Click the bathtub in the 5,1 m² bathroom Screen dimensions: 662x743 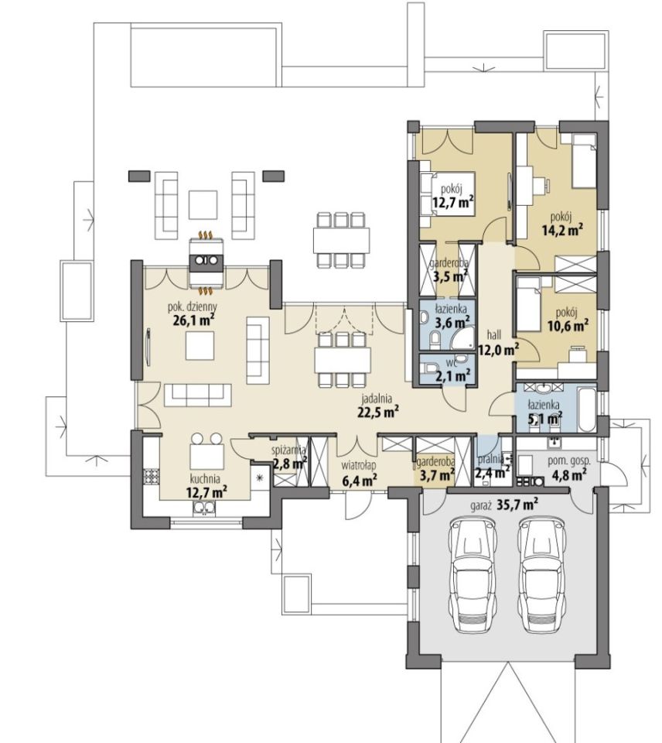pyautogui.click(x=587, y=410)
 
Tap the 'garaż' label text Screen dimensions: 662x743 pyautogui.click(x=481, y=505)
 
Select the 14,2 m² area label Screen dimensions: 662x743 pyautogui.click(x=562, y=231)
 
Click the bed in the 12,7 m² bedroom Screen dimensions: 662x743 pyautogui.click(x=448, y=193)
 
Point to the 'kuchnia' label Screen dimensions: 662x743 pyautogui.click(x=205, y=479)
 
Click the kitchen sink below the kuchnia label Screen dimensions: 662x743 pyautogui.click(x=204, y=508)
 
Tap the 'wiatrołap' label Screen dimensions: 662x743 pyautogui.click(x=359, y=466)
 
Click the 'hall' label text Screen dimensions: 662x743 pyautogui.click(x=494, y=335)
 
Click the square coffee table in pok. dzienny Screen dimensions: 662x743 pyautogui.click(x=200, y=346)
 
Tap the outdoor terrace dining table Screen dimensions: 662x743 pyautogui.click(x=341, y=240)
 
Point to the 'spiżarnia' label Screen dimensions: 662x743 pyautogui.click(x=289, y=450)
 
